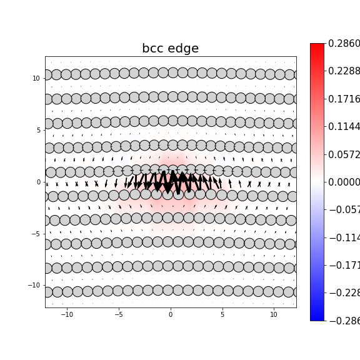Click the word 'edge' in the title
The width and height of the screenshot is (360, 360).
[x=184, y=49]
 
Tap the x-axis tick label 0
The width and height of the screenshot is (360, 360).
[x=170, y=314]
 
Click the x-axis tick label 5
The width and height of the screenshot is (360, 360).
[x=222, y=314]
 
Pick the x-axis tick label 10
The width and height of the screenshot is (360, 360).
[x=274, y=314]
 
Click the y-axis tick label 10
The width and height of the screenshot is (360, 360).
[x=37, y=78]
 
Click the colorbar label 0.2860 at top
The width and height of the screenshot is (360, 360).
[x=344, y=44]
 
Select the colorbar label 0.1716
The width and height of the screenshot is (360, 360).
[x=344, y=99]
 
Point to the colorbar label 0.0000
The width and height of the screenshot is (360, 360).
[x=344, y=182]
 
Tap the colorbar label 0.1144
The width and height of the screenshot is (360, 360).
[x=344, y=127]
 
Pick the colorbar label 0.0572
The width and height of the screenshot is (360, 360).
[x=344, y=154]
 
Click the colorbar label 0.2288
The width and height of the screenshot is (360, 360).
[x=344, y=71]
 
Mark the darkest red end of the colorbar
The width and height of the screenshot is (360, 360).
[x=317, y=45]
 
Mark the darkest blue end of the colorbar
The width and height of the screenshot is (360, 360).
[x=317, y=319]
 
